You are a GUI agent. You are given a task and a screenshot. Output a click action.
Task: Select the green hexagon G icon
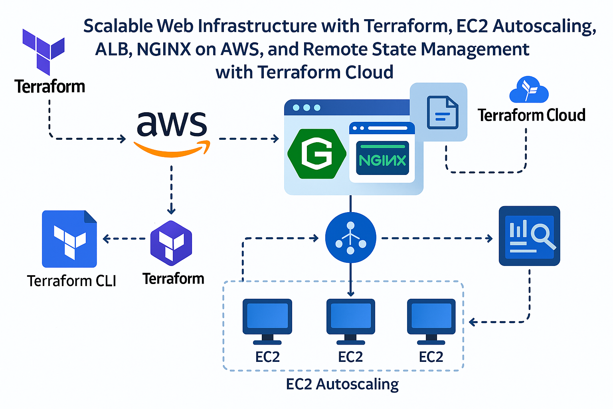pos(317,153)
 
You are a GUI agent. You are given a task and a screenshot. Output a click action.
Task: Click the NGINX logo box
pos(382,158)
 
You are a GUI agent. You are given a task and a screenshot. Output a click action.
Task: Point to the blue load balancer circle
pos(350,238)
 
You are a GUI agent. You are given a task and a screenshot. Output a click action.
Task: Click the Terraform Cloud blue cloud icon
pos(529,90)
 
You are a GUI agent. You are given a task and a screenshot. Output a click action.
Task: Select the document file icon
pos(442,113)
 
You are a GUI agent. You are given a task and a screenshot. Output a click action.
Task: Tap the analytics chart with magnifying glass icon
pos(529,236)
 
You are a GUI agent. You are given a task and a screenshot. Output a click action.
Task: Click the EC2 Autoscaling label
pos(342,384)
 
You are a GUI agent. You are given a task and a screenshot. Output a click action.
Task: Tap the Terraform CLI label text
pos(71,281)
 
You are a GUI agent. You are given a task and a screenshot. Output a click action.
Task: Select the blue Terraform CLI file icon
pos(69,239)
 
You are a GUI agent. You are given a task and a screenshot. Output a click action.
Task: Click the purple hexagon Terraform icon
pos(171,243)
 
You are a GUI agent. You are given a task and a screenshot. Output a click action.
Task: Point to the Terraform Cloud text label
pos(531,115)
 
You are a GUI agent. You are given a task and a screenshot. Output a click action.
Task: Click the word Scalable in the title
pos(118,26)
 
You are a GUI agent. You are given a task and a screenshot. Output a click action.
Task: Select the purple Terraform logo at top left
pos(43,51)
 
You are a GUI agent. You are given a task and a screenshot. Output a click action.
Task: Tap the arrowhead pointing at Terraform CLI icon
pos(106,239)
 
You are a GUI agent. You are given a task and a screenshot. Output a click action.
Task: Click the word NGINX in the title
pos(164,50)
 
